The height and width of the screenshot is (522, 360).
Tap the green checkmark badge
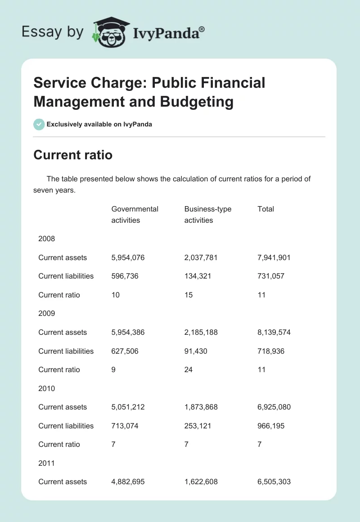[39, 124]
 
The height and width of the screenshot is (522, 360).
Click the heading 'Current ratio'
[72, 155]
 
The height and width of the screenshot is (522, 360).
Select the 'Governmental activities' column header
[135, 215]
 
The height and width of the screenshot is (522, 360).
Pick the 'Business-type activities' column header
[207, 215]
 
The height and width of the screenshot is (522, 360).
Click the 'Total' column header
[265, 209]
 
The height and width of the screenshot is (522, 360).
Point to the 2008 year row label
[46, 238]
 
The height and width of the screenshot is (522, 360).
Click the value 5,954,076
[128, 257]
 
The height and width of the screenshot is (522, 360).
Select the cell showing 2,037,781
[201, 257]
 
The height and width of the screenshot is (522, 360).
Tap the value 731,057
[271, 276]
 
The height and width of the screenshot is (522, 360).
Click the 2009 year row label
[46, 313]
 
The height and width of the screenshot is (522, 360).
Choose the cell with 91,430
[196, 351]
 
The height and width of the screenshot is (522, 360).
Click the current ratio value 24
[189, 369]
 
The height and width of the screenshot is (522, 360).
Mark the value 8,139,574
[274, 332]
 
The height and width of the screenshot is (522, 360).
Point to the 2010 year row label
[46, 388]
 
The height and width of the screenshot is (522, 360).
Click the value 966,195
[271, 426]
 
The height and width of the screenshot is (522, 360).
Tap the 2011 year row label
[46, 463]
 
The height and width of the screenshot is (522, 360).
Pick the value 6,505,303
[274, 481]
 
